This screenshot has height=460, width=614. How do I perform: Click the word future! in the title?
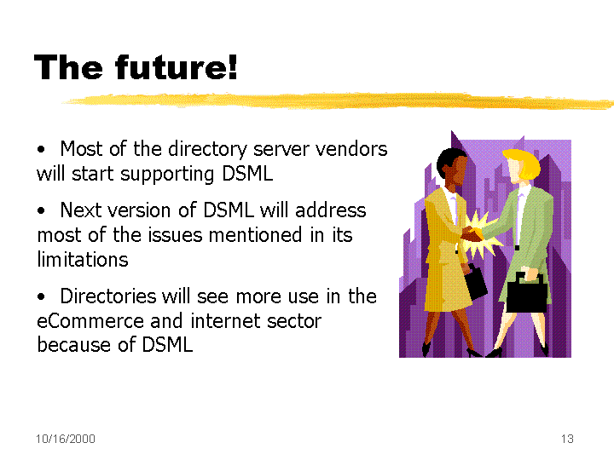pos(176,67)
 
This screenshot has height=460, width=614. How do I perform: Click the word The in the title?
pos(68,67)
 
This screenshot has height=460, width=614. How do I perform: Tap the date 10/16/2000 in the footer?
pos(66,439)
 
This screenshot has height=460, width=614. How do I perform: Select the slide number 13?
pos(567,439)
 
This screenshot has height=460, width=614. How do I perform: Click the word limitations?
pos(83,259)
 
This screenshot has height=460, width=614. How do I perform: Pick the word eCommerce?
pos(90,321)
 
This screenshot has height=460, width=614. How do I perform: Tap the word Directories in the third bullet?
pos(108,296)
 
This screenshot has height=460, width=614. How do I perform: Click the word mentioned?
pos(255,235)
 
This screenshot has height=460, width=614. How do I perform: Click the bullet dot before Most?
pos(41,149)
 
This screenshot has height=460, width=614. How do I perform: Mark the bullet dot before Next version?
pos(41,210)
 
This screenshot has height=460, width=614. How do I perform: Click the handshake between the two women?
pos(472,234)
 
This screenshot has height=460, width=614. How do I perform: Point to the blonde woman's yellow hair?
pos(524,163)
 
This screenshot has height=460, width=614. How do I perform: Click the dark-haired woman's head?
pos(452,167)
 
